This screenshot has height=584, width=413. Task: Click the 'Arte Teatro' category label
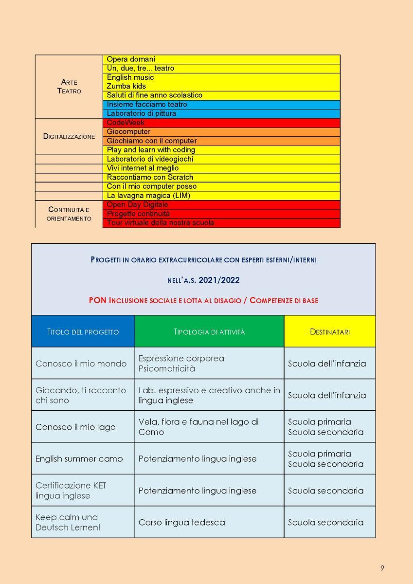(69, 87)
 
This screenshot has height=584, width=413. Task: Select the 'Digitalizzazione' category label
(69, 137)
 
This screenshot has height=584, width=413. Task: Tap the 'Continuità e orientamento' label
(69, 214)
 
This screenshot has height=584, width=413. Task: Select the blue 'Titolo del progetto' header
(83, 332)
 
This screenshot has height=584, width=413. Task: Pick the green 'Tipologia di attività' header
(209, 332)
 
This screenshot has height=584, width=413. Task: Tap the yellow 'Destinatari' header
(329, 332)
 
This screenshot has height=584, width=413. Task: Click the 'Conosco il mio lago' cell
(75, 427)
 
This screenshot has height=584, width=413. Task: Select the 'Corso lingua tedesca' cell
(181, 522)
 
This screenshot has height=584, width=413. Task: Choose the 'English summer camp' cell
(79, 458)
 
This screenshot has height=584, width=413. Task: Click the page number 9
(382, 568)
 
